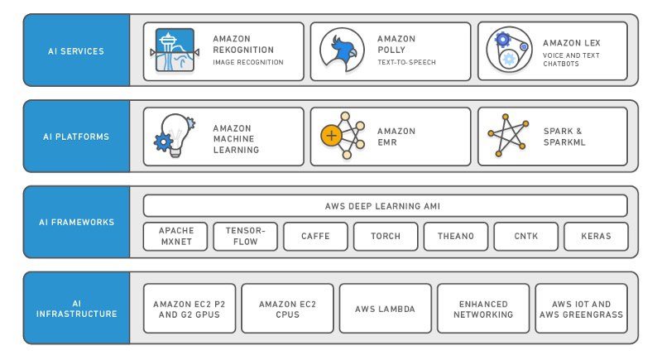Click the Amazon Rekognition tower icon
click(175, 50)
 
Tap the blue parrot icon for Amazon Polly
click(342, 50)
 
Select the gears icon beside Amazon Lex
click(509, 50)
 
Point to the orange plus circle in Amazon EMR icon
click(332, 136)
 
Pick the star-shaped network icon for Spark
click(508, 135)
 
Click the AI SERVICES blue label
click(76, 50)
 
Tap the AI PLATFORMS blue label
click(76, 136)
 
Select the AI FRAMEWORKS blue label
click(76, 222)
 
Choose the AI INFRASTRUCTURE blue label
click(76, 308)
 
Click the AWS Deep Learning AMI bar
click(385, 206)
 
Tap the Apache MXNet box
click(175, 237)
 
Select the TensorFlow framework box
click(245, 237)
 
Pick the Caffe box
click(315, 237)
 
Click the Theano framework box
click(456, 237)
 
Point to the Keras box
click(596, 237)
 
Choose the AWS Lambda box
click(385, 309)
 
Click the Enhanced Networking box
click(483, 309)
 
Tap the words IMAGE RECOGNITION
click(248, 62)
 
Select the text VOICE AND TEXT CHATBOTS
click(571, 60)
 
